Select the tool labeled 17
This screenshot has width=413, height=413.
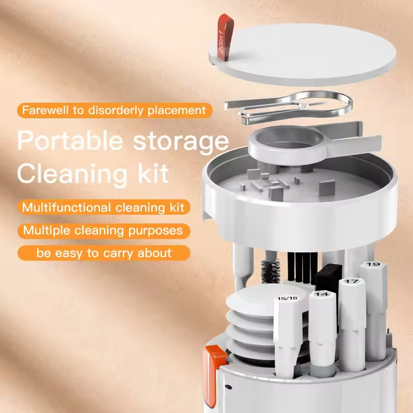click(x=352, y=282)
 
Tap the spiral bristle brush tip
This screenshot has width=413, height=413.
click(x=270, y=271)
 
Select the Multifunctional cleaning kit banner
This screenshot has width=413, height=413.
click(x=103, y=208)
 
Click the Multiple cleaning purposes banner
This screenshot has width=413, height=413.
click(x=103, y=230)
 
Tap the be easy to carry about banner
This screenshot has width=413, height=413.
click(x=103, y=253)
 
